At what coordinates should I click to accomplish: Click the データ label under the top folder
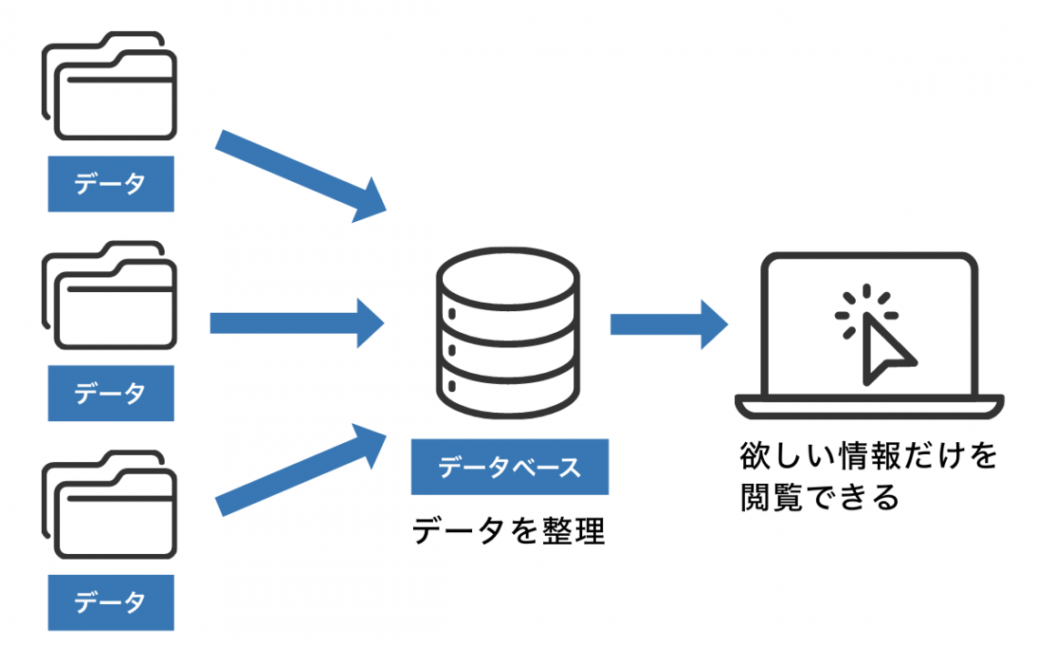click(x=110, y=186)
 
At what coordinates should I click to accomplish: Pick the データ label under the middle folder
click(x=110, y=394)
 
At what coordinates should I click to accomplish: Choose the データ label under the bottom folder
click(x=110, y=603)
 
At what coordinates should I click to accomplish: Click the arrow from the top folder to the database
click(x=300, y=177)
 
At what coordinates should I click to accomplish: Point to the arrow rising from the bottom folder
click(x=300, y=468)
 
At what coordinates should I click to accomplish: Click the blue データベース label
click(x=509, y=468)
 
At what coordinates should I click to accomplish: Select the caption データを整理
click(x=508, y=530)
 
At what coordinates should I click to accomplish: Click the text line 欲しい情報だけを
click(x=868, y=455)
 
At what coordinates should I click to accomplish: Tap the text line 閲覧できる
click(x=820, y=497)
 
